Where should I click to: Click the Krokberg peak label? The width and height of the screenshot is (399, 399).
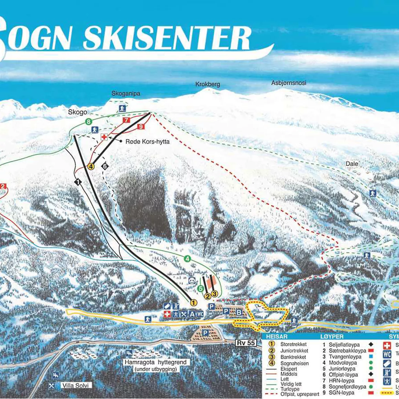tap(207, 84)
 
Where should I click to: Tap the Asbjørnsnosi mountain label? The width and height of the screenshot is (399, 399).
tap(289, 83)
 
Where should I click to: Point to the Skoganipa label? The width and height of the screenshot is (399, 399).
tap(126, 94)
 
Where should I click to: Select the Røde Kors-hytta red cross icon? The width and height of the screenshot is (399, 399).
tap(104, 137)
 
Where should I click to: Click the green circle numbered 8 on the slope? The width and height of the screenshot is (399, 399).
tap(89, 121)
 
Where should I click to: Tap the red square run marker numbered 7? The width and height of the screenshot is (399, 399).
tap(126, 120)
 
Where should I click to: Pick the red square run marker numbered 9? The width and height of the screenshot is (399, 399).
tap(141, 127)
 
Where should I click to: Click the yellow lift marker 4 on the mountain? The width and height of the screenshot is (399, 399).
tap(91, 166)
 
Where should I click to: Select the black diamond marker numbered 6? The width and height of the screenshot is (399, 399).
tap(105, 166)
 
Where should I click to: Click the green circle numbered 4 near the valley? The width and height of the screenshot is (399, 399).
tap(187, 259)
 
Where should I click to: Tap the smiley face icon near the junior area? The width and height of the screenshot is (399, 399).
tap(192, 281)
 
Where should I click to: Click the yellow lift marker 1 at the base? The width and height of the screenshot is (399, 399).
tap(193, 303)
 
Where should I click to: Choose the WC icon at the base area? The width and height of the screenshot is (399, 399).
tap(200, 314)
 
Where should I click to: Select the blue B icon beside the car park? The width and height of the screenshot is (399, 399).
tap(239, 312)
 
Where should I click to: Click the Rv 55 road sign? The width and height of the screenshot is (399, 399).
tap(246, 343)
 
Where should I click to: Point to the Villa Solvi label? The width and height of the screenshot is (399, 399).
tap(75, 386)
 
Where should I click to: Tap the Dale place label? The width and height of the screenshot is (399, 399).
tap(352, 164)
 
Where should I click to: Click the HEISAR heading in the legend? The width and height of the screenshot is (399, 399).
tap(277, 336)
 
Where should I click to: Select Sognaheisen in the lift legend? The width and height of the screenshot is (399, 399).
tap(294, 363)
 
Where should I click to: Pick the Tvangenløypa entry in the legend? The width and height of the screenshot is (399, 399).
tap(345, 357)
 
